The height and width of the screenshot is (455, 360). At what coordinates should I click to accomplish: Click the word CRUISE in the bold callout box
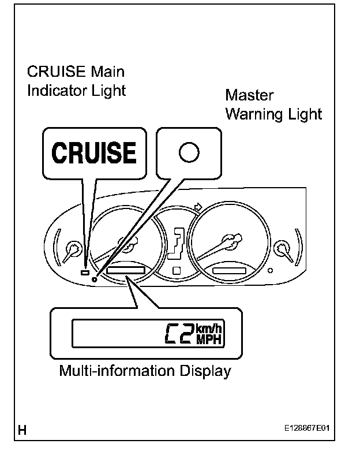click(95, 153)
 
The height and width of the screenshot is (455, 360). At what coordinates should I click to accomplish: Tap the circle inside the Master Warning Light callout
click(189, 152)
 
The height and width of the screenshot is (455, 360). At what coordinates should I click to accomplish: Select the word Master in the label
click(249, 95)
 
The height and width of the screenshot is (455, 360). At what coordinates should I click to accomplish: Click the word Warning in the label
click(256, 114)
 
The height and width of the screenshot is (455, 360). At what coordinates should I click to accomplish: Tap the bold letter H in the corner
click(22, 430)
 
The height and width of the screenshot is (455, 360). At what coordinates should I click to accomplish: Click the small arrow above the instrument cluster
click(199, 206)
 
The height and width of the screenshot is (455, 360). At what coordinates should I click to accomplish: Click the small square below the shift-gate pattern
click(176, 270)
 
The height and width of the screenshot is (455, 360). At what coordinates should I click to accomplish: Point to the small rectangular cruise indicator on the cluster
click(84, 273)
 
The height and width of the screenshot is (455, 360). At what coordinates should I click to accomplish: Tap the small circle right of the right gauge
click(270, 270)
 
